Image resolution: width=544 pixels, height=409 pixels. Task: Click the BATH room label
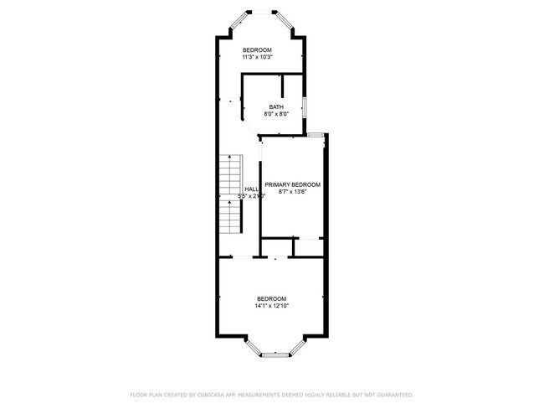tap(276, 106)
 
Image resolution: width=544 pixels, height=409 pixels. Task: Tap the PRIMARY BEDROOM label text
tap(292, 184)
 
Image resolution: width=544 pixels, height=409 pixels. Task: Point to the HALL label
tap(251, 189)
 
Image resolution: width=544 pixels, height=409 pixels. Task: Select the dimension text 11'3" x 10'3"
tap(258, 58)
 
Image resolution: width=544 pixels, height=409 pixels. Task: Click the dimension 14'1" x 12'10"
tap(271, 306)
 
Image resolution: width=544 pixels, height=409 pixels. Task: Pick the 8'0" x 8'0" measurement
tap(276, 114)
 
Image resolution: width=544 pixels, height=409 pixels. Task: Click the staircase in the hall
tap(230, 194)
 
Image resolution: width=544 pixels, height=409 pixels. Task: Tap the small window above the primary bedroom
tap(316, 133)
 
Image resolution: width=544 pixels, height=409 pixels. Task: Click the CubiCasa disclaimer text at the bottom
tap(271, 394)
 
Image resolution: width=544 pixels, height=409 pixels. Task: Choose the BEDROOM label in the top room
tap(257, 50)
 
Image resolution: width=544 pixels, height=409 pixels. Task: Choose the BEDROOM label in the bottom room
tap(271, 298)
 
